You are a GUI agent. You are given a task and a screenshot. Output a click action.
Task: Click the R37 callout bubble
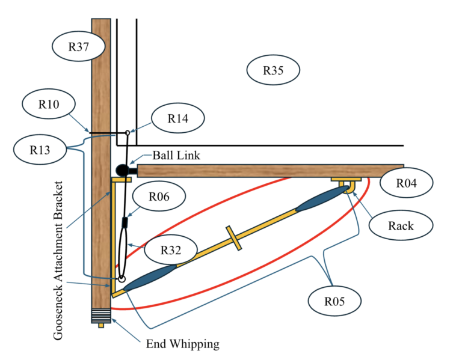79,46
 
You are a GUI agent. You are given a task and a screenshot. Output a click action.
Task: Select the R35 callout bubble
273,70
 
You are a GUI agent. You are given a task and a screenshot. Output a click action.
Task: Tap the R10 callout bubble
49,104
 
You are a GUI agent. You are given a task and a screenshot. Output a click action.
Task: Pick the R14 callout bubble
178,118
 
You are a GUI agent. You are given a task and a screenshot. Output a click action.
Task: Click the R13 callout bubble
40,150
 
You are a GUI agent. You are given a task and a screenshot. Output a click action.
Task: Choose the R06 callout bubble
159,196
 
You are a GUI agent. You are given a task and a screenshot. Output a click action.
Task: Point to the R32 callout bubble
171,250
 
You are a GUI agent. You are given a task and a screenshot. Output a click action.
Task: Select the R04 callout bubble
406,183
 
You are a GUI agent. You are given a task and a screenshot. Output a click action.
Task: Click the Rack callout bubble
401,225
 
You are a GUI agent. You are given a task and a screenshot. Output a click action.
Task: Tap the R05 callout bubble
334,301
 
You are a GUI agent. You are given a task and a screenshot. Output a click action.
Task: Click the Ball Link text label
176,155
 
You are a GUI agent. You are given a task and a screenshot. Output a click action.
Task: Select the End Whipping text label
183,344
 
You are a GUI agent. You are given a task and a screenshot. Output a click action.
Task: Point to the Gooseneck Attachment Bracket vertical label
58,260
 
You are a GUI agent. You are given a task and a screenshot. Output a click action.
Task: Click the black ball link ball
122,170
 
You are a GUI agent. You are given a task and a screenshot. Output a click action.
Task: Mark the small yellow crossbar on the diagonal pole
234,238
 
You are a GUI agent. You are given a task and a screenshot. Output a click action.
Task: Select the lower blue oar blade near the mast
150,278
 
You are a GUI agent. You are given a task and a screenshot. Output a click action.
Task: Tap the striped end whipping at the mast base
101,316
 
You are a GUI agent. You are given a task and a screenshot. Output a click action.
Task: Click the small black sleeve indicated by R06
125,222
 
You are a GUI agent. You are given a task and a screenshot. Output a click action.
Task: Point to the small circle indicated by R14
128,133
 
